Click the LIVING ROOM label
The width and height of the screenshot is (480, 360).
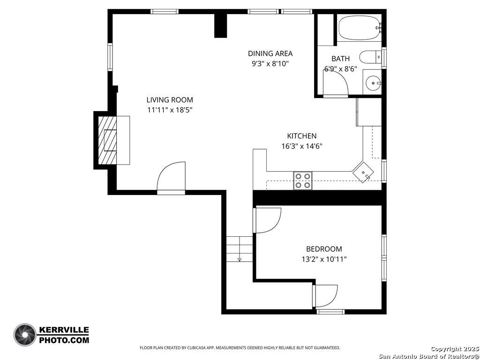point(170,100)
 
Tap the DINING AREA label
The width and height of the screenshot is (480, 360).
point(270,53)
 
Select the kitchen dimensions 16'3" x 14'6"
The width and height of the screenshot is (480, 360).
point(302,146)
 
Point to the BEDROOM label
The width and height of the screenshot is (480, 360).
point(324,249)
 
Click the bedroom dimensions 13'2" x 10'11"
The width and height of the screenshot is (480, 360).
point(324,260)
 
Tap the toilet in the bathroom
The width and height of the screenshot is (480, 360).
point(370,57)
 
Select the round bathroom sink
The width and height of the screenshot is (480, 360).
point(373,83)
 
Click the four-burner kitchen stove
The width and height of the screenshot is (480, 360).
point(303,180)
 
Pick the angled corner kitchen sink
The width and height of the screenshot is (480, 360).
point(363,172)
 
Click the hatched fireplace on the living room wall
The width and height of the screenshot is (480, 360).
point(107,140)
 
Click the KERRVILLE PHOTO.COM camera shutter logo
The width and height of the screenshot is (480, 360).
point(25,335)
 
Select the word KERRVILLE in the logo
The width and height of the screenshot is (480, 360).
point(64,330)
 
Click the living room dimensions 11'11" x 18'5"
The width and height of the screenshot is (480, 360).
point(170,110)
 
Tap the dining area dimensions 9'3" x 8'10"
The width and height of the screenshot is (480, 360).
point(270,64)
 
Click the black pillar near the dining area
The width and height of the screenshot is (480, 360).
point(220,26)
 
